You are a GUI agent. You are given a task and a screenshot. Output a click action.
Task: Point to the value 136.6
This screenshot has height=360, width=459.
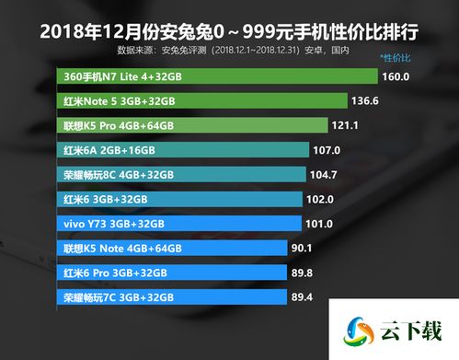pos(365,101)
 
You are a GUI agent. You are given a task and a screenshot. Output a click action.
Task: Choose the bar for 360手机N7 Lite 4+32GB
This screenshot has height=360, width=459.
pos(217,77)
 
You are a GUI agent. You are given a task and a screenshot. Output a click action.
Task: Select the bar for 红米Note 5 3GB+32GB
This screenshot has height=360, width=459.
pos(201,101)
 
